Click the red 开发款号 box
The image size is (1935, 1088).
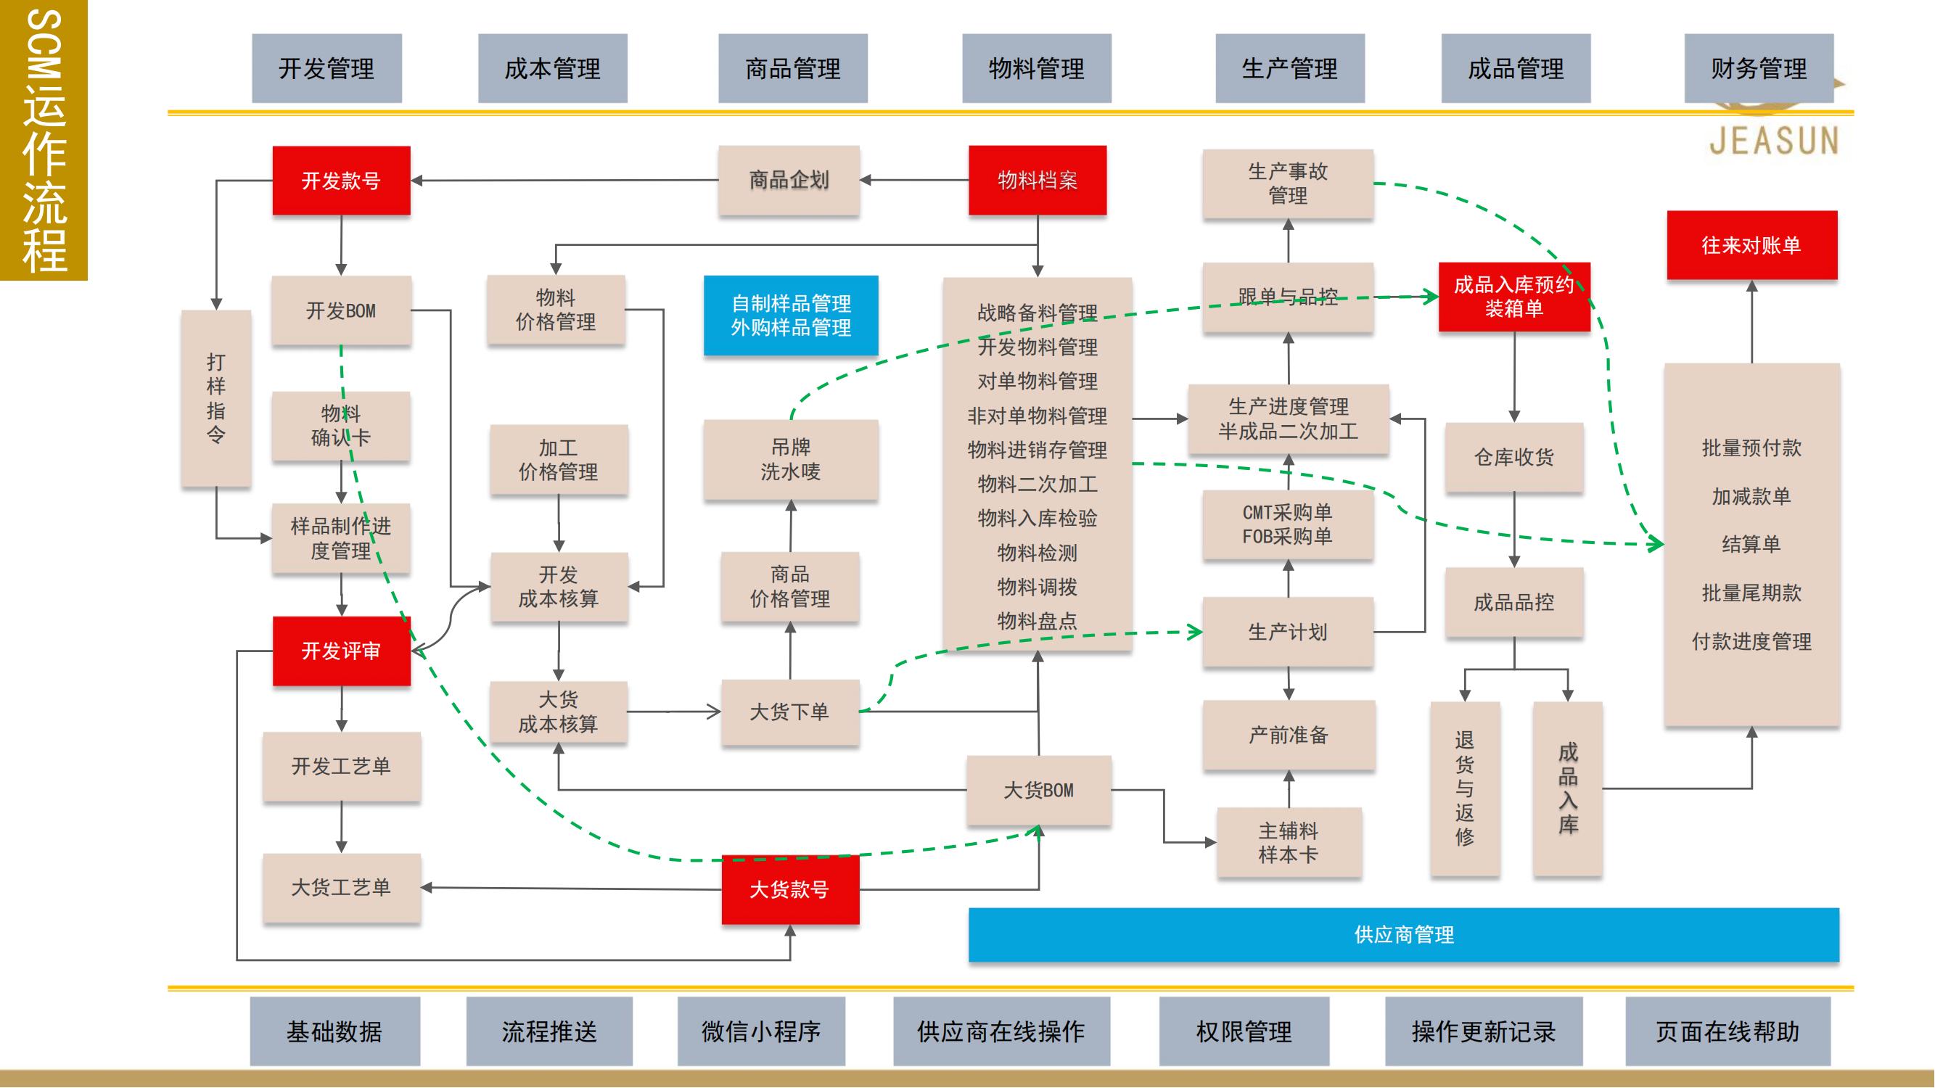tap(341, 180)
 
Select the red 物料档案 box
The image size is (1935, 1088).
tap(1037, 180)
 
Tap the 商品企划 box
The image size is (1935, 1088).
tap(789, 180)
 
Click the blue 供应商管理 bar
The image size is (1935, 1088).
tap(1403, 935)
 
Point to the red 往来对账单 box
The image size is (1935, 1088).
tap(1751, 244)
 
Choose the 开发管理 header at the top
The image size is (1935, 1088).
tap(326, 68)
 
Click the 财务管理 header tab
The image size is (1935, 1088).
tap(1759, 68)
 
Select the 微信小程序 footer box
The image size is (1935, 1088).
tap(761, 1031)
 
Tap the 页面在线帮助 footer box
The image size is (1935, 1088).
tap(1727, 1031)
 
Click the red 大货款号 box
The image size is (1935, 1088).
tap(790, 890)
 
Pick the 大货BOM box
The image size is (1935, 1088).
tap(1039, 790)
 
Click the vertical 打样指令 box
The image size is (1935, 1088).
tap(216, 398)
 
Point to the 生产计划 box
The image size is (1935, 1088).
tap(1288, 632)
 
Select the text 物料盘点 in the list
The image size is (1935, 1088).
tap(1038, 621)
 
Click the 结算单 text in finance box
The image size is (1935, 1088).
tap(1751, 545)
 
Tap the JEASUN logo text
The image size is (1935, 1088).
tap(1773, 141)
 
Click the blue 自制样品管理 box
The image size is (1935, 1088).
tap(791, 316)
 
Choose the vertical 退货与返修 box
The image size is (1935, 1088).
tap(1465, 788)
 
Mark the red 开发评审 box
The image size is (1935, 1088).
tap(341, 650)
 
